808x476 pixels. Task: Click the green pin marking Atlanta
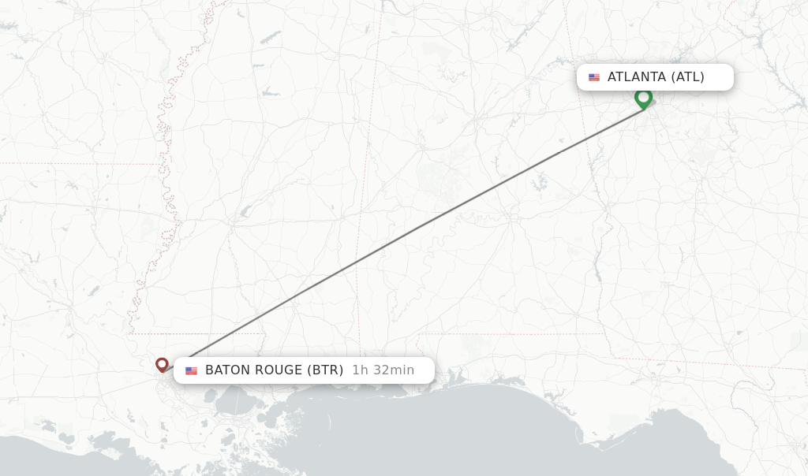coord(643,98)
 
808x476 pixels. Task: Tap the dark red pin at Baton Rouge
coord(162,364)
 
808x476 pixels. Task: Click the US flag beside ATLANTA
coord(594,77)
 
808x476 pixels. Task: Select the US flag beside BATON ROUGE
coord(191,370)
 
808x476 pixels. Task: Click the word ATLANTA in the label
coord(637,77)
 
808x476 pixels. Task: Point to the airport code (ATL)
coord(687,77)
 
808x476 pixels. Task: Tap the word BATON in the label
coord(227,370)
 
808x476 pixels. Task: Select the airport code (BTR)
coord(324,370)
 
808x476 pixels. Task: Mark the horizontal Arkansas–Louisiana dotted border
coord(79,164)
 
